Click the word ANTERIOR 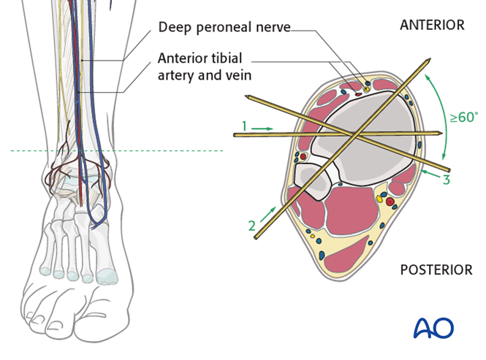tap(431, 25)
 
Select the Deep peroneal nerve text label tap(224, 27)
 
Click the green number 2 tap(252, 227)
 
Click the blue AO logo tap(433, 328)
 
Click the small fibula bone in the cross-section tap(312, 180)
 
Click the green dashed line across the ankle tap(117, 151)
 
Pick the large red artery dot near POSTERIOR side tap(390, 200)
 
